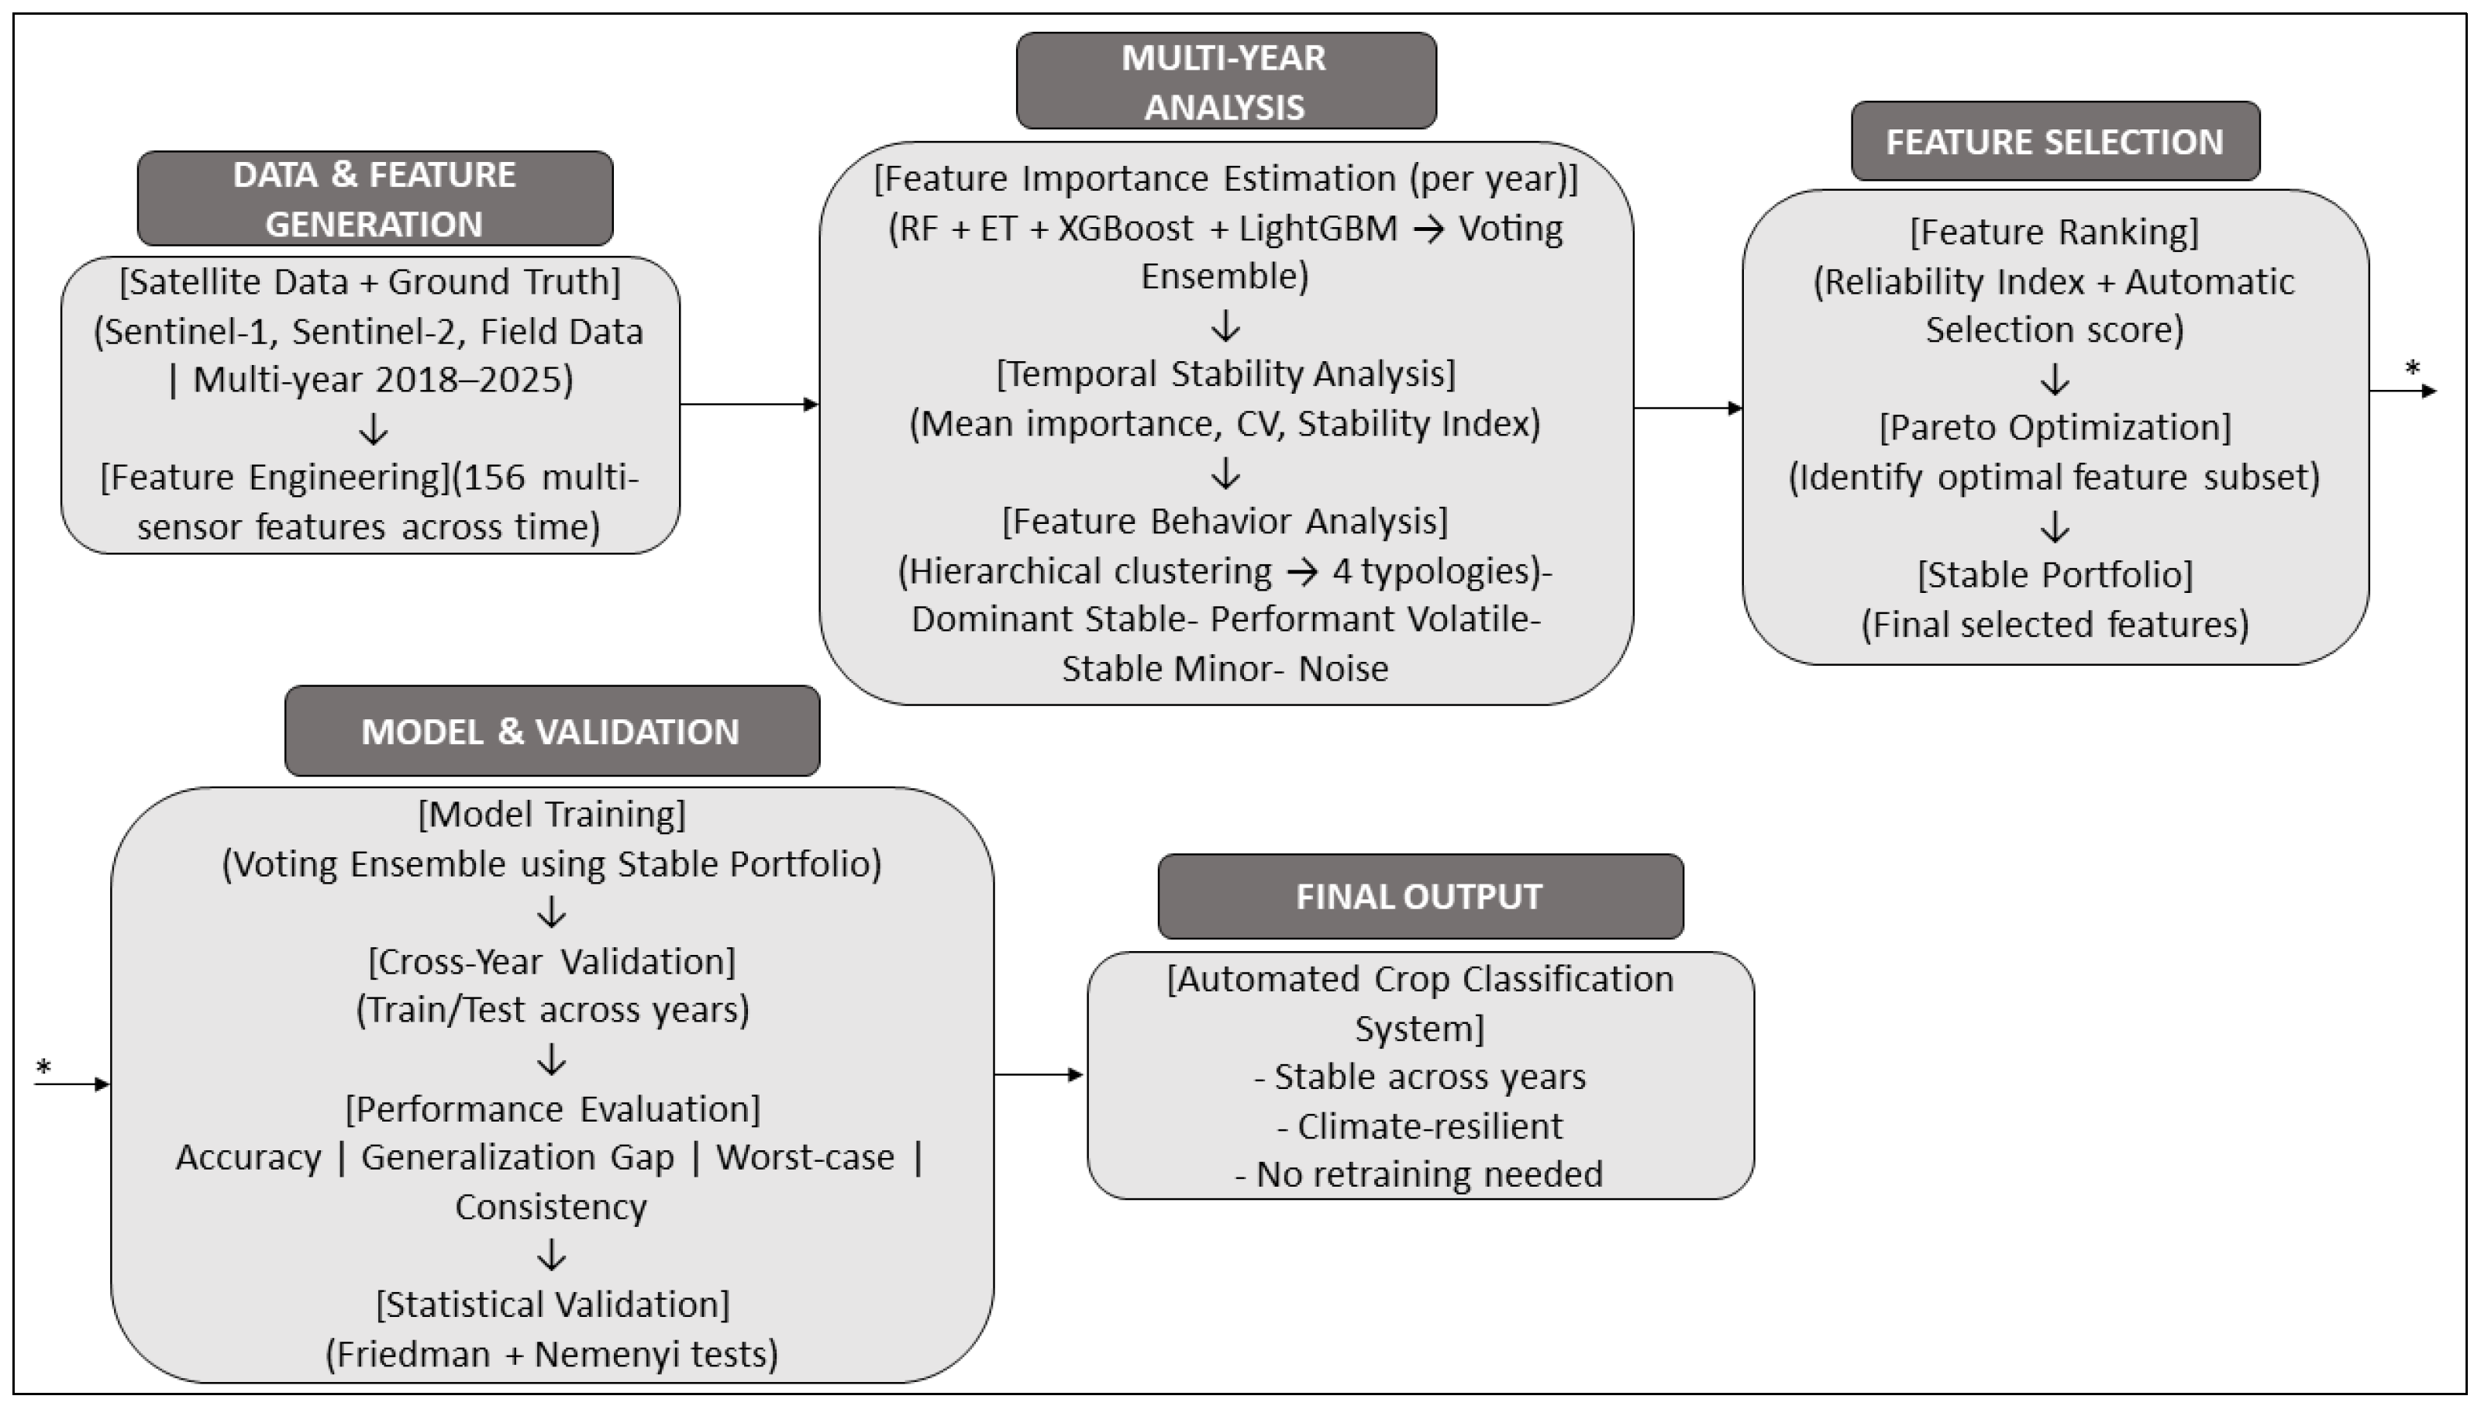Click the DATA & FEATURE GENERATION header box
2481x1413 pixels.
coord(374,198)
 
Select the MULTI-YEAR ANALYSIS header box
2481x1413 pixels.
coord(1225,81)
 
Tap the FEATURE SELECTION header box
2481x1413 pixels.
coord(2055,142)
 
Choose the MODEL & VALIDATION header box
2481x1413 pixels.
coord(552,731)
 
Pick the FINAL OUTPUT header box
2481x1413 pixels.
coord(1421,896)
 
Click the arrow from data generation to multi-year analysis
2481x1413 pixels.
coord(749,405)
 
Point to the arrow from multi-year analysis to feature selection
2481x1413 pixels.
coord(1688,408)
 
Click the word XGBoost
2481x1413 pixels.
coord(1125,229)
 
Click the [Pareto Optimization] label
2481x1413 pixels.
coord(2055,427)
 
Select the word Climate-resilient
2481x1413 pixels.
coord(1429,1125)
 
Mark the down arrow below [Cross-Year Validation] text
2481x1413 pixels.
coord(552,1059)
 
